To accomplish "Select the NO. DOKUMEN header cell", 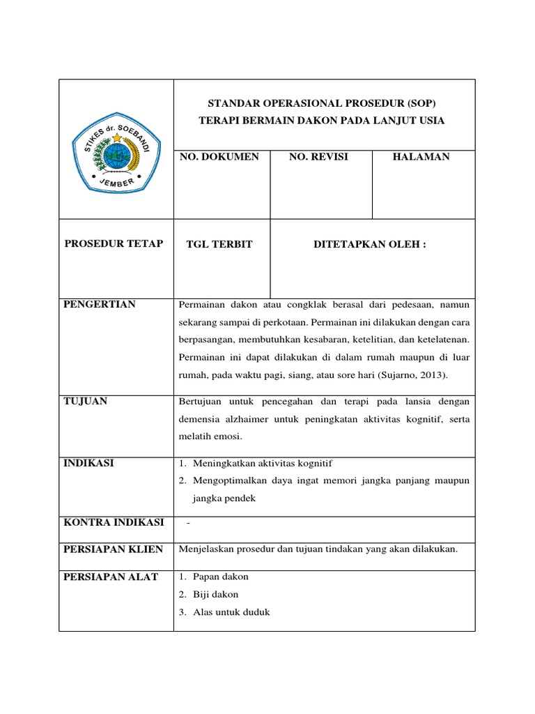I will click(219, 157).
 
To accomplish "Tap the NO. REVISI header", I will click(318, 157).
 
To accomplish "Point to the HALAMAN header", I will click(421, 157).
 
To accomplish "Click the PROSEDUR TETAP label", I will click(114, 243).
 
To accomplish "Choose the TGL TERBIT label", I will click(219, 244).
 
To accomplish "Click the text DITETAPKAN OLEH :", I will click(370, 244).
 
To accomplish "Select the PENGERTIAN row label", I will click(100, 304).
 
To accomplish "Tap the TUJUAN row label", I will click(86, 401).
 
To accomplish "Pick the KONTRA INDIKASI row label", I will click(114, 522).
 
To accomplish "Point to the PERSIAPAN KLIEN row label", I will click(114, 549).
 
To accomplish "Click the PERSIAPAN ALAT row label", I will click(111, 577).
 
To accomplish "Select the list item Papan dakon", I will click(221, 577).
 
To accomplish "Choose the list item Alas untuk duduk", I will click(232, 612).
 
